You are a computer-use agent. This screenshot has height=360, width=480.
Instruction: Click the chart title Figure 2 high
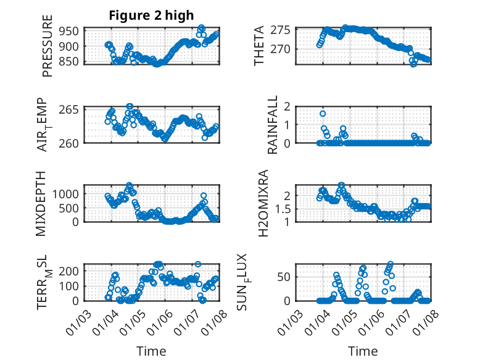pyautogui.click(x=151, y=15)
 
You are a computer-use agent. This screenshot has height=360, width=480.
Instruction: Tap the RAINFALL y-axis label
pyautogui.click(x=272, y=125)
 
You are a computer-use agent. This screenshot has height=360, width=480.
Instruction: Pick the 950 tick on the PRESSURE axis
pyautogui.click(x=68, y=31)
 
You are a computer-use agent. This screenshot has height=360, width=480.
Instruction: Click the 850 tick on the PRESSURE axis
pyautogui.click(x=68, y=61)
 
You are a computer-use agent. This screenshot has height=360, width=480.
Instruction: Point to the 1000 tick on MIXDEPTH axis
pyautogui.click(x=65, y=193)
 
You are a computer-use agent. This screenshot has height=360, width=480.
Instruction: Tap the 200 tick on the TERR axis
pyautogui.click(x=68, y=270)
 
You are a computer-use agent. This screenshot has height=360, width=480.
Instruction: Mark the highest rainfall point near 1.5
pyautogui.click(x=323, y=114)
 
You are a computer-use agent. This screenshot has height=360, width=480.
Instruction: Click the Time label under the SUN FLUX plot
pyautogui.click(x=363, y=351)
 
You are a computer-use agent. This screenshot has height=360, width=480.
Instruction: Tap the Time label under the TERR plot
pyautogui.click(x=151, y=351)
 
